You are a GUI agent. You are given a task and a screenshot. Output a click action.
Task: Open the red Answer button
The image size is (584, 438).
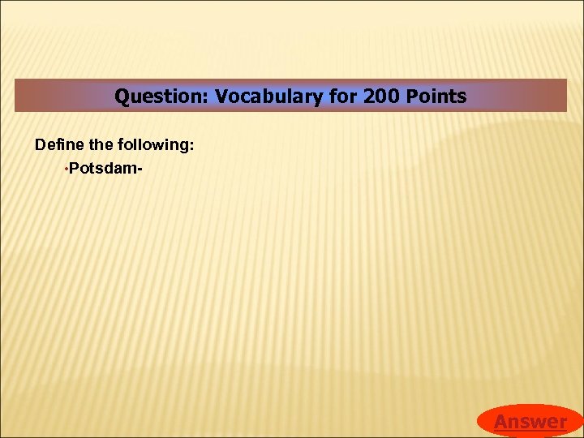click(x=530, y=421)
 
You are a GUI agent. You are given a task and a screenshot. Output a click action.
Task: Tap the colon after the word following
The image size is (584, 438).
click(x=191, y=147)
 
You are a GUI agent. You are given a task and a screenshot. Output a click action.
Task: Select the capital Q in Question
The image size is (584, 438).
click(x=122, y=97)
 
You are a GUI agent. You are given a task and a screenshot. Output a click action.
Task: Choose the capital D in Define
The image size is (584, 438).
click(x=40, y=145)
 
